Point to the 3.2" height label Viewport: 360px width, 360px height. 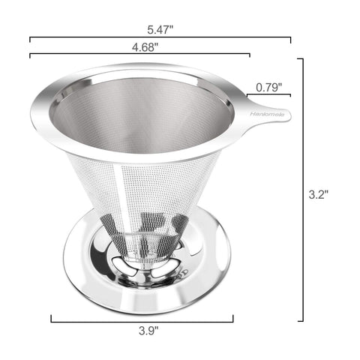pyautogui.click(x=319, y=194)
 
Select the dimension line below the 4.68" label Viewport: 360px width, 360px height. pyautogui.click(x=139, y=55)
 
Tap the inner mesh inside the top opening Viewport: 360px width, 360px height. pyautogui.click(x=142, y=112)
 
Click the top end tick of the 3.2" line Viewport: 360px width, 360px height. pyautogui.click(x=303, y=58)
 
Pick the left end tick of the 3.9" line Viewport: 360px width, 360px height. pyautogui.click(x=51, y=320)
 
